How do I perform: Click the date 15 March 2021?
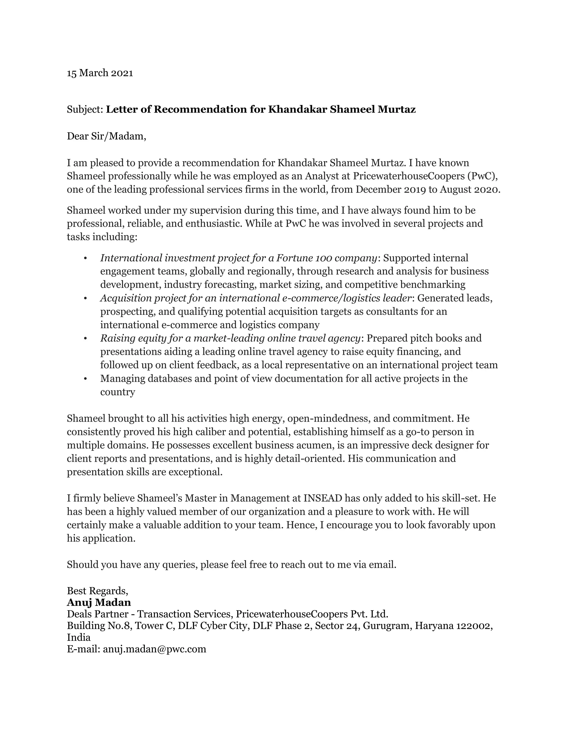point(100,73)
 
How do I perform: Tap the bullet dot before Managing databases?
point(85,379)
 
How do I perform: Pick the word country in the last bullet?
point(117,392)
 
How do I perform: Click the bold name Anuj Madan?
point(99,602)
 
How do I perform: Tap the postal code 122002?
point(473,626)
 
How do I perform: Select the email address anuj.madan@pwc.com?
point(154,649)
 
